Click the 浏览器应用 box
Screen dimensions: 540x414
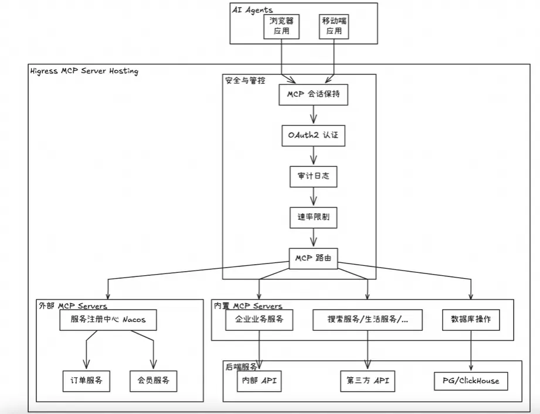point(281,26)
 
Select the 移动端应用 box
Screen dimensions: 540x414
point(334,26)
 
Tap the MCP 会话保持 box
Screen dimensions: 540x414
point(314,94)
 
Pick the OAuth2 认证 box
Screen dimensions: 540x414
point(314,135)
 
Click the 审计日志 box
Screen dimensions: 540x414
point(314,176)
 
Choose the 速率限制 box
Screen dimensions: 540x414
point(314,217)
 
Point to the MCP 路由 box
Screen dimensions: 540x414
point(314,259)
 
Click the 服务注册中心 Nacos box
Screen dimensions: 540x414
point(108,320)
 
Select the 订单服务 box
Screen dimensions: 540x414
point(86,381)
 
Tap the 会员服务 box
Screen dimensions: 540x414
point(154,381)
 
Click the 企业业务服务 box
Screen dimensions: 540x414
point(259,320)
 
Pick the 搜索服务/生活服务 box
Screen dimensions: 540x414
point(368,320)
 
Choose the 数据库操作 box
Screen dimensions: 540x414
point(471,320)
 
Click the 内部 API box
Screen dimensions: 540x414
point(259,381)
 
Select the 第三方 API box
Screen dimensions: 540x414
point(368,381)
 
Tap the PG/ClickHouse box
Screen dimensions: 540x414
point(471,381)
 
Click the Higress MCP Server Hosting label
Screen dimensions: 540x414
point(84,71)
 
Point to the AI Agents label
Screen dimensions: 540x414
point(253,9)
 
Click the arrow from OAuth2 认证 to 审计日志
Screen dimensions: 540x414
point(314,155)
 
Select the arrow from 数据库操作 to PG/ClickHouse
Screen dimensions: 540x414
point(471,350)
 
